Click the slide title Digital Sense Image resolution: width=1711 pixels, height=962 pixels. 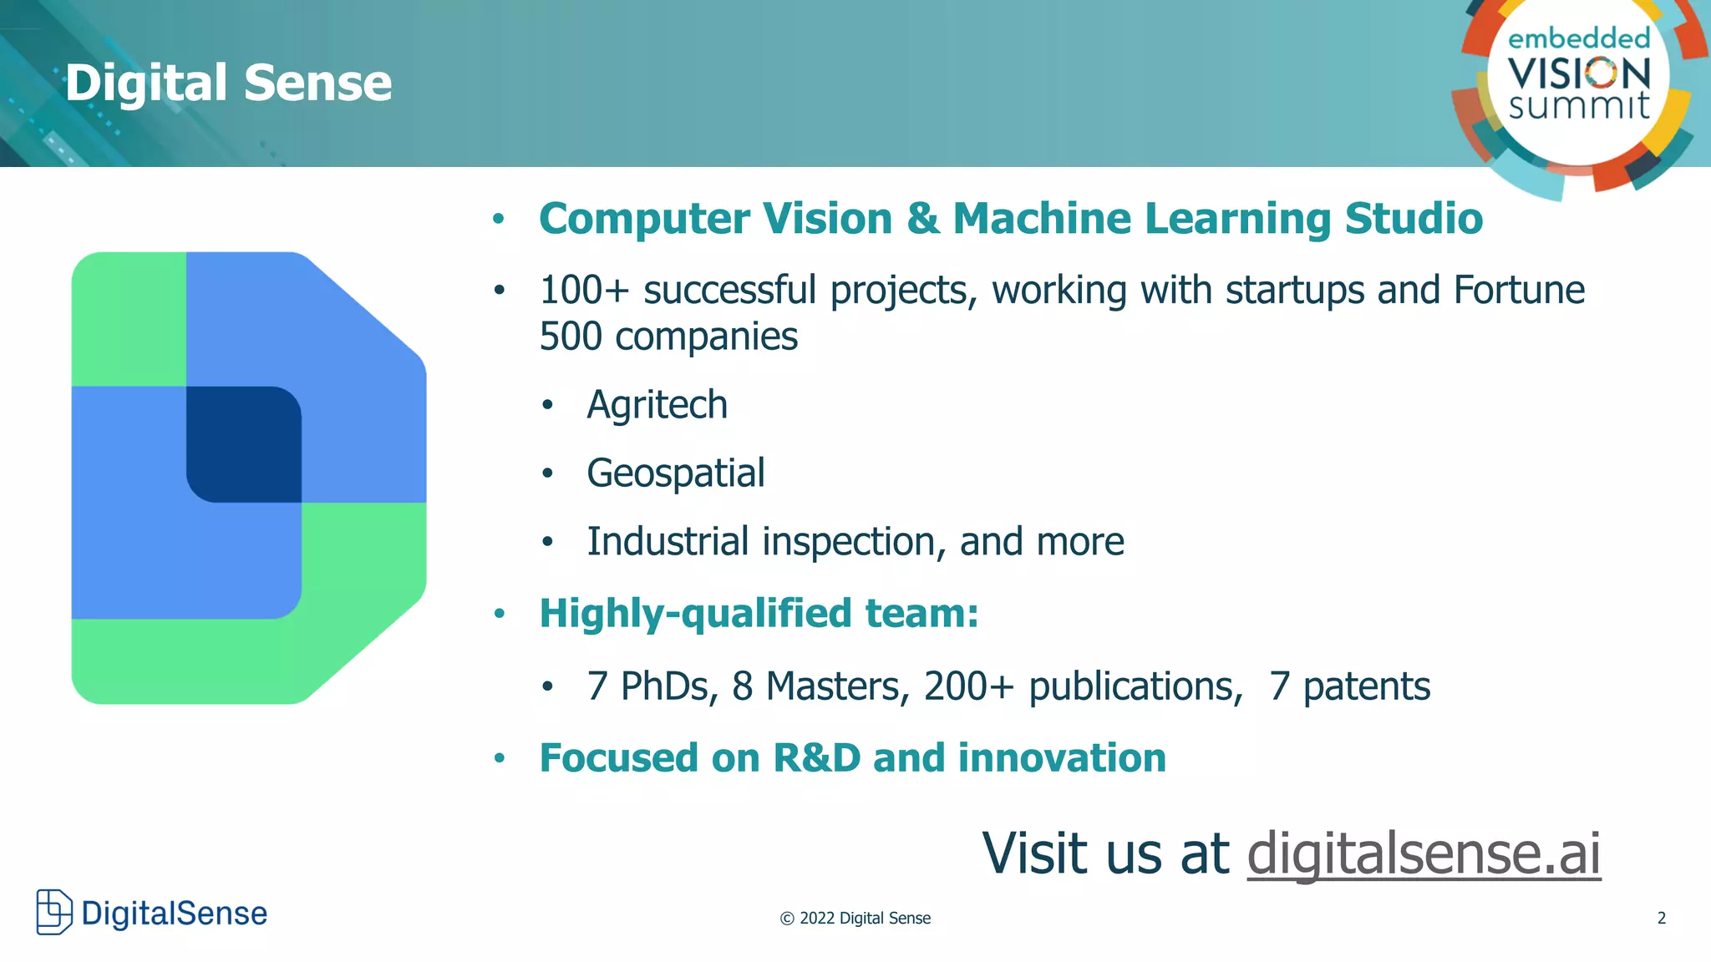[228, 83]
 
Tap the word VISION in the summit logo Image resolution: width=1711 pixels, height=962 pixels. [1579, 73]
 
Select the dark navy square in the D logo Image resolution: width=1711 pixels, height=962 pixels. [243, 444]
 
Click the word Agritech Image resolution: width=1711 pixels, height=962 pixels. [657, 405]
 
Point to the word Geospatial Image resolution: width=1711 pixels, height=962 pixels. [675, 473]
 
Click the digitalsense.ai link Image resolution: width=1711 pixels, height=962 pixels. [1423, 853]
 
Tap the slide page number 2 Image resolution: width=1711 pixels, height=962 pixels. [1661, 918]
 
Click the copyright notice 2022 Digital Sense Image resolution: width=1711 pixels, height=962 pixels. [855, 918]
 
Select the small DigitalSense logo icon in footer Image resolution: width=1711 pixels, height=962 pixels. [54, 912]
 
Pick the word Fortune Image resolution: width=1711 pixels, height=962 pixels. [1518, 291]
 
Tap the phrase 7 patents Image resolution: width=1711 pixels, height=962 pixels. [1349, 686]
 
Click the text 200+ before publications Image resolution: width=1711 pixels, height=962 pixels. [967, 686]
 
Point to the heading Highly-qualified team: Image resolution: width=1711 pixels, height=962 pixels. [758, 614]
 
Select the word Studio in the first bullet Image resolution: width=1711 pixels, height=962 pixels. [1414, 219]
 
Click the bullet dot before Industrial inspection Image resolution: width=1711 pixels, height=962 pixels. [547, 543]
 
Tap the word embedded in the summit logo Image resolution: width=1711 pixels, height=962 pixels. [1578, 38]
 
